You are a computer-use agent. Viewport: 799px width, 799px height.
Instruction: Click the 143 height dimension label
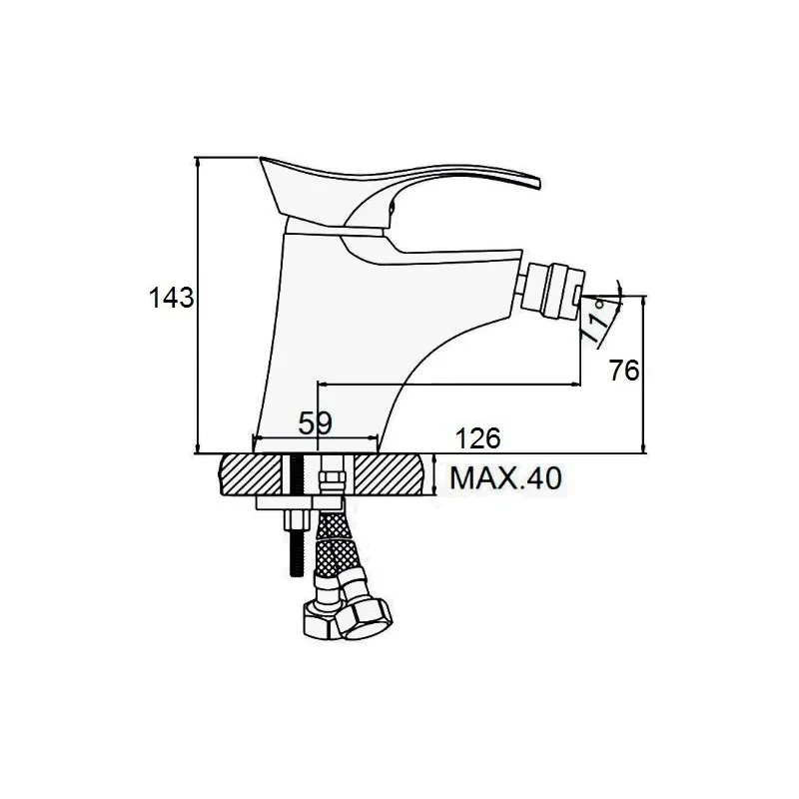click(171, 298)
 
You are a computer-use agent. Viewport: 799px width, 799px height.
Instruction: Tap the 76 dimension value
click(623, 371)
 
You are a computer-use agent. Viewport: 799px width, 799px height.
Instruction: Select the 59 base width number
click(315, 422)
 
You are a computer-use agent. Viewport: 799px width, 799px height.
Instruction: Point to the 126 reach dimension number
click(477, 438)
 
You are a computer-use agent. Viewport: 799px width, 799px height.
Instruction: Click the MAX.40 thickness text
click(505, 478)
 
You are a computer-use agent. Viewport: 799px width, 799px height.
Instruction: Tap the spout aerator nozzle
click(555, 291)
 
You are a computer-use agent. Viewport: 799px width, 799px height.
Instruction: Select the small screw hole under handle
click(392, 208)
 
